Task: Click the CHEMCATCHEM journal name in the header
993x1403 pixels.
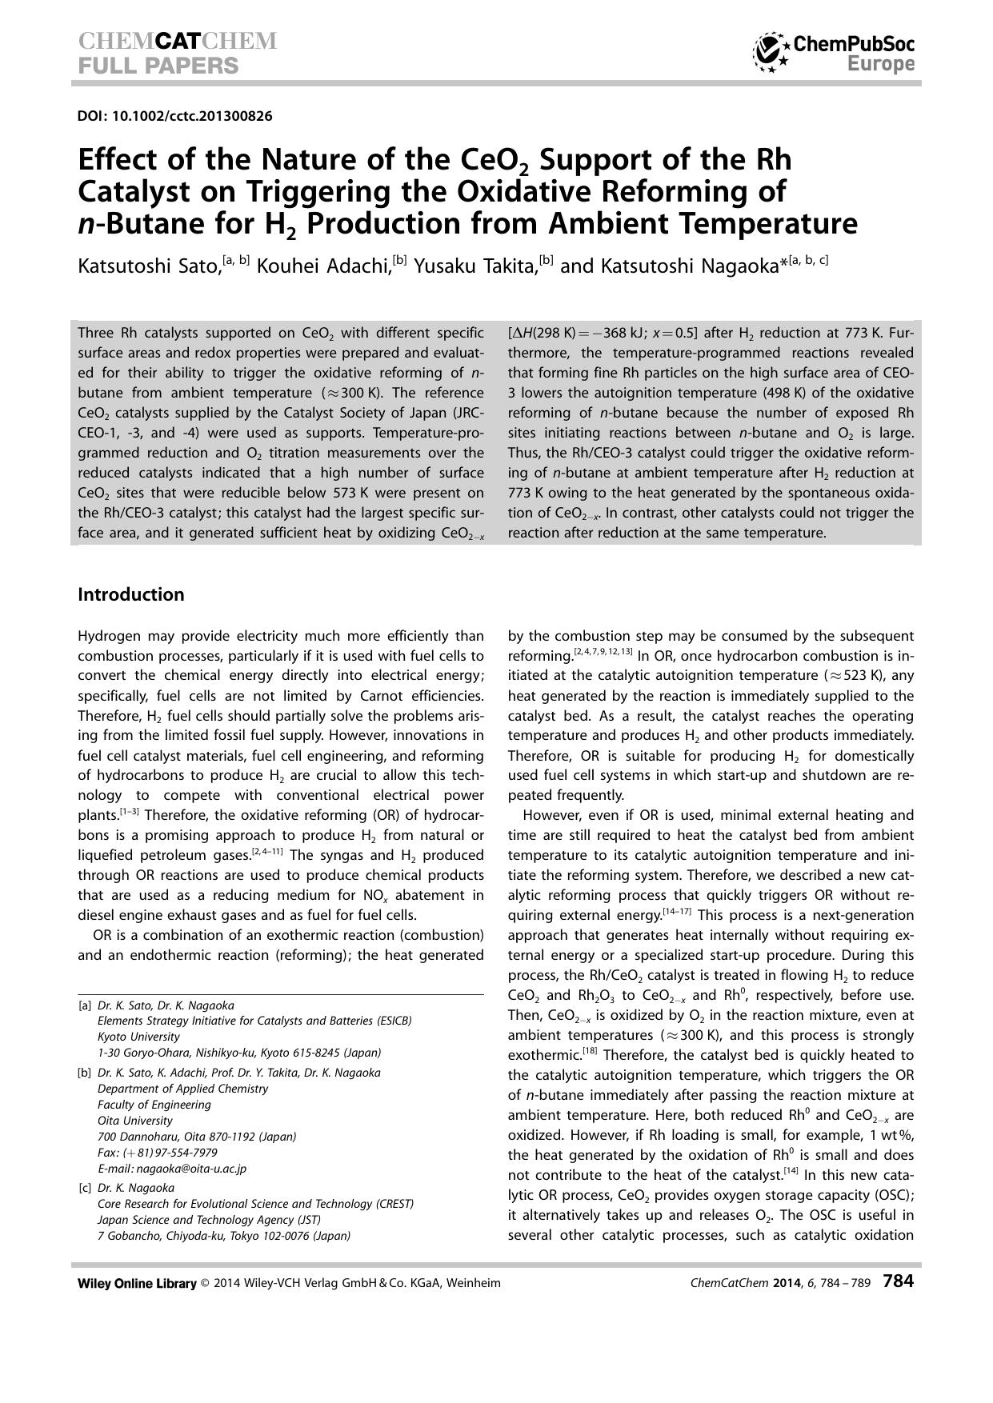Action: (177, 42)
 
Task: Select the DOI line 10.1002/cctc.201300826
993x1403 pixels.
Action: (174, 116)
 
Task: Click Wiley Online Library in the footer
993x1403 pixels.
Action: (137, 1283)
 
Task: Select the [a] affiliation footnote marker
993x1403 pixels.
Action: (85, 1005)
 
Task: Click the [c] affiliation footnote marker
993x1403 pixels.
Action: (85, 1188)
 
